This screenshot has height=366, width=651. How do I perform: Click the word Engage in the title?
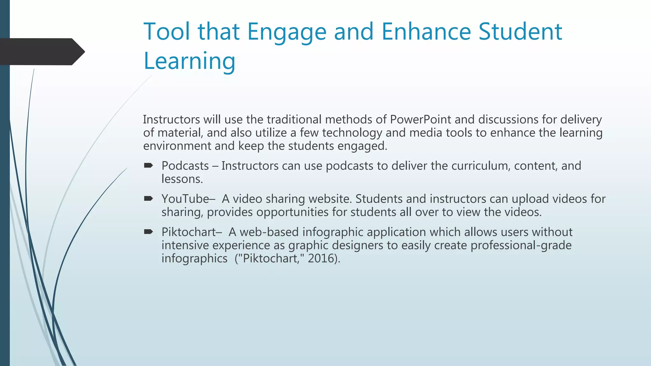coord(287,32)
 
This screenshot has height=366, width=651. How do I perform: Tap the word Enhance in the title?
coord(426,32)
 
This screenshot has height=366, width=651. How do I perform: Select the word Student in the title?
coord(520,32)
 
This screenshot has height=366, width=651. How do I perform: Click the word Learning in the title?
coord(189,61)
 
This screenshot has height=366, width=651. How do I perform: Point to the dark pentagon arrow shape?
coord(41,52)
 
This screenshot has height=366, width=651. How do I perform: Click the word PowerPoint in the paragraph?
coord(420,119)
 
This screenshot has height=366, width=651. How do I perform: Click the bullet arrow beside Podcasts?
coord(148,165)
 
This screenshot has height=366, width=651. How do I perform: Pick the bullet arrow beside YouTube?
coord(148,199)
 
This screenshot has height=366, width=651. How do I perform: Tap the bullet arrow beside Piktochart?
coord(148,232)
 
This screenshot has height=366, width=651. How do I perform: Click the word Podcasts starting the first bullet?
coord(185,166)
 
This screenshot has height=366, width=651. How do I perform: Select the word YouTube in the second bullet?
coord(185,199)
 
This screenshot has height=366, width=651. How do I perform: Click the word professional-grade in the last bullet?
coord(521,245)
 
